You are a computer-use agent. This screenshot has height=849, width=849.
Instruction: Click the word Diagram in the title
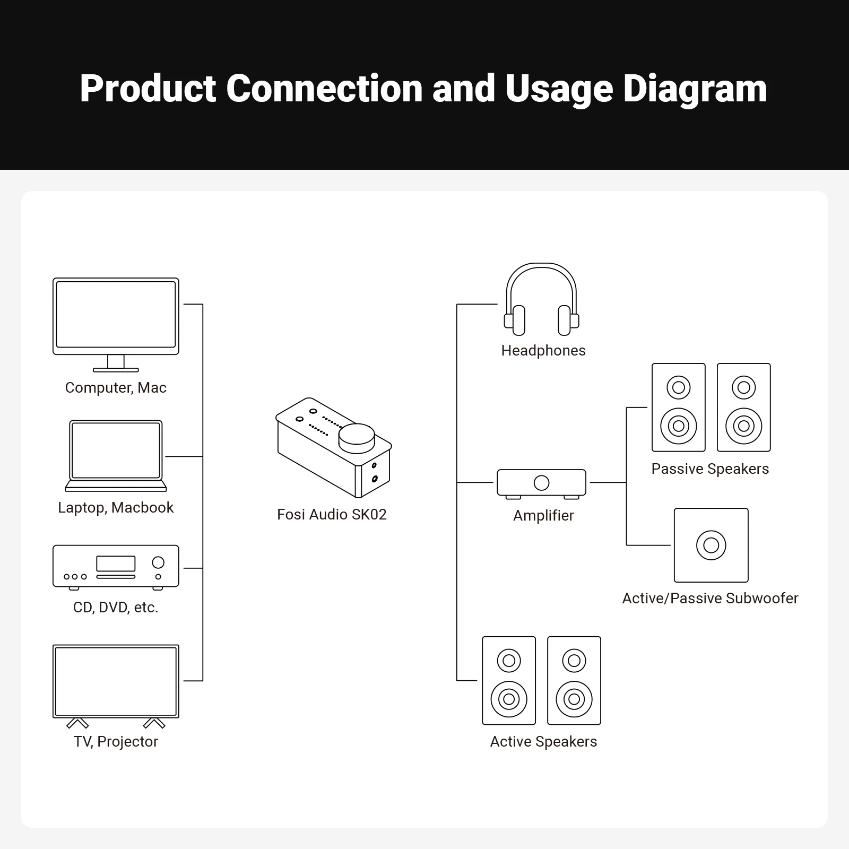point(695,89)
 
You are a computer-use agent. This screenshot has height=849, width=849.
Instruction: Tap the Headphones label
point(543,350)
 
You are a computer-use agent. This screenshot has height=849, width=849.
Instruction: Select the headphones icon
point(541,300)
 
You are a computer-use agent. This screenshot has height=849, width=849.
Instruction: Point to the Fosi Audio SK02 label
point(332,514)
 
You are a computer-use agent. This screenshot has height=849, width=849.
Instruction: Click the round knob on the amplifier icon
point(541,483)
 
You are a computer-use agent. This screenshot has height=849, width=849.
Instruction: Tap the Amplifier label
point(543,515)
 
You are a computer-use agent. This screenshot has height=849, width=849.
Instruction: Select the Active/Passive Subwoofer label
point(710,598)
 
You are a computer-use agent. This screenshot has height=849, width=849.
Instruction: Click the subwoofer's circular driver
point(711,545)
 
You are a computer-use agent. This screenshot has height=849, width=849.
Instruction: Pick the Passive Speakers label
point(710,469)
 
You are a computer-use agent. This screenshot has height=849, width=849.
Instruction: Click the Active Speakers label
point(543,741)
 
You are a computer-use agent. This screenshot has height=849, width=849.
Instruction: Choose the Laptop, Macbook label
point(116,507)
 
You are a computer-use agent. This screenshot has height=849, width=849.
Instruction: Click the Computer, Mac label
point(116,387)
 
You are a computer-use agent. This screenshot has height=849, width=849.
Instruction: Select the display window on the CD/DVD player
point(116,563)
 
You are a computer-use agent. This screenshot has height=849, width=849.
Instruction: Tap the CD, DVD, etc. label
point(116,607)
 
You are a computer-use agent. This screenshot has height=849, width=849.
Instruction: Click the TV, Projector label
point(116,741)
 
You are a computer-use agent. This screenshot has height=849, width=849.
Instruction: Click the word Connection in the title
point(324,89)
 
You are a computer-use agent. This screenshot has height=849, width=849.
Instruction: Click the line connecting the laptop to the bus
point(184,456)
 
